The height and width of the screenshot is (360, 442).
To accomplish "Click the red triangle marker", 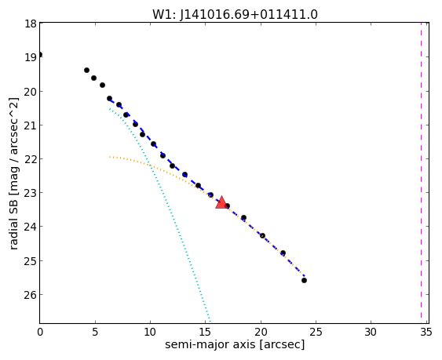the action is point(221,203).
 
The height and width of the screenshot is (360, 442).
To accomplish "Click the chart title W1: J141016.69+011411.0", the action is point(235,15).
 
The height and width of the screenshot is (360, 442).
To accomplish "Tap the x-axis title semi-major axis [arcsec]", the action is point(235,344).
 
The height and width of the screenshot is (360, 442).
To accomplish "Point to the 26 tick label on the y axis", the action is point(30,295).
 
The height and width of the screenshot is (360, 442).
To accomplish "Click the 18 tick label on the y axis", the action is point(30,24).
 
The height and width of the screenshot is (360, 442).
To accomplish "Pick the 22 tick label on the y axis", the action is point(30,159).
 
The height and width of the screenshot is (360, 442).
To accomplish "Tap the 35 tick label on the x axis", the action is point(426,333).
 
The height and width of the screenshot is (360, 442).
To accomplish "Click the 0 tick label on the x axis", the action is point(40,333).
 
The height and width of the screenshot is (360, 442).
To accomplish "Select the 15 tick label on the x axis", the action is point(205,333).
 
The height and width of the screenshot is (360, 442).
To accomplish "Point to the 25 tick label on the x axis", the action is point(316,333).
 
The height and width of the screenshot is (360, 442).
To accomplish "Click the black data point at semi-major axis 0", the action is point(40,54).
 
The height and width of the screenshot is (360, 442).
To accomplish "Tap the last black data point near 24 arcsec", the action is point(304,280).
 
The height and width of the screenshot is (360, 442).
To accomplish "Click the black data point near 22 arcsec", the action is point(283,253).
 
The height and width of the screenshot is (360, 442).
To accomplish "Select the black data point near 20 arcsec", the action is point(262,235).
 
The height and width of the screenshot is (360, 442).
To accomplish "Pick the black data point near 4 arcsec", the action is point(87,70).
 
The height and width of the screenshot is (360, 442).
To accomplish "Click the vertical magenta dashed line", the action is point(421,173).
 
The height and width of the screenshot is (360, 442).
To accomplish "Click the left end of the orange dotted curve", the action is point(110,157).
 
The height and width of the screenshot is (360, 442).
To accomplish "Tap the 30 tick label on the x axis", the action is point(371,333).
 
